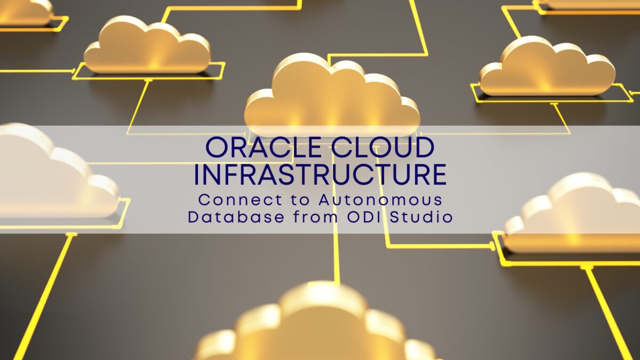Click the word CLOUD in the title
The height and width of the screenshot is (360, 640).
382,147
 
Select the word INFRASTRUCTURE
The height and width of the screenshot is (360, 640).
320,174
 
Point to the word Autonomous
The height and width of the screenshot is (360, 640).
381,200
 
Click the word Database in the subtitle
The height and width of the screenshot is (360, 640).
236,217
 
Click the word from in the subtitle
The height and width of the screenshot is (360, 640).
316,217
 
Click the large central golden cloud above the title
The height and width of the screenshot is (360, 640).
331,95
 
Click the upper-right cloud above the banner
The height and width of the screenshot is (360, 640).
547,67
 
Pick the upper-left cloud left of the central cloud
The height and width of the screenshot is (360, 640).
147,46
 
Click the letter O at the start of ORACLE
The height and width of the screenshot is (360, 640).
217,147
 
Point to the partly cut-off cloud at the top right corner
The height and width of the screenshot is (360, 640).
589,5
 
